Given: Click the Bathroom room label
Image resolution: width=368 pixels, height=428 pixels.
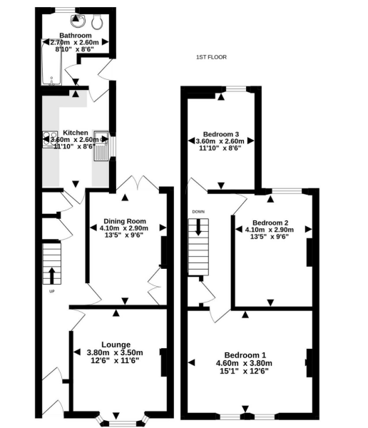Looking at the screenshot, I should [75, 35].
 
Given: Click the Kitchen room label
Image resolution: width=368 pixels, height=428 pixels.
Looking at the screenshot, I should [76, 133].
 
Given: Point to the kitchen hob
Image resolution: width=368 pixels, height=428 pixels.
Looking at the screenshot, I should [51, 140].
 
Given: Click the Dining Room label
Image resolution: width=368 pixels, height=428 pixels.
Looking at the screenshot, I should [125, 220].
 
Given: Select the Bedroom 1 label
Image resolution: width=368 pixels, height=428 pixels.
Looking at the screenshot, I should [245, 355].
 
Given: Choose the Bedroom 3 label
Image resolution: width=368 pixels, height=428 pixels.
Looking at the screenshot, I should [220, 133].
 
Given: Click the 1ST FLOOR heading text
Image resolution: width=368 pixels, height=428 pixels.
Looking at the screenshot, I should [211, 57].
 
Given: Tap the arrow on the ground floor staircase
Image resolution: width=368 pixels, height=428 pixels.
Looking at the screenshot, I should [52, 275].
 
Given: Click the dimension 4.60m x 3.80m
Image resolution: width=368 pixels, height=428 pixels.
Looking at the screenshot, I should [245, 363].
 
